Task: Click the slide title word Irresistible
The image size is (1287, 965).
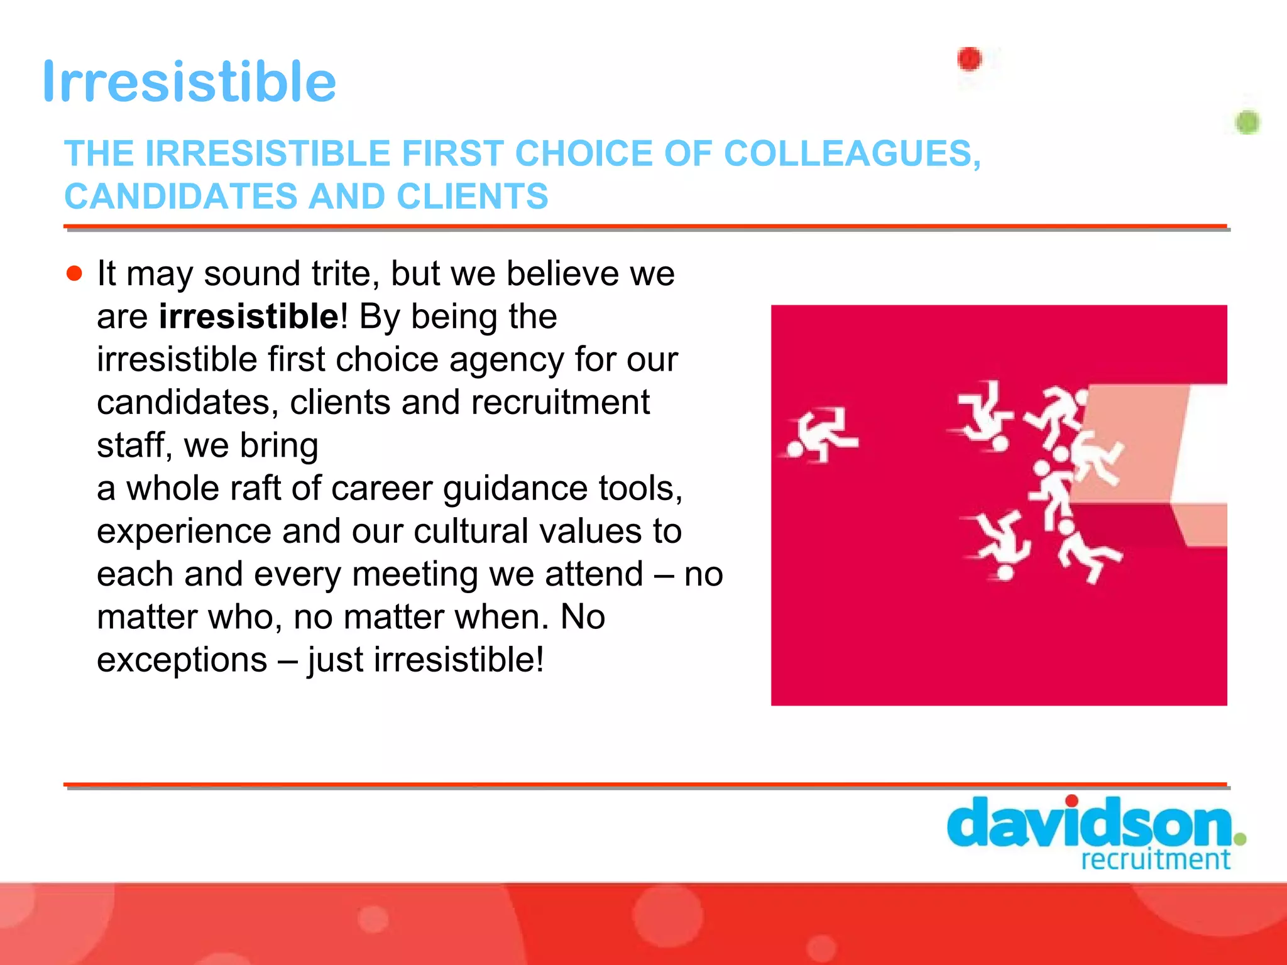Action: (x=189, y=82)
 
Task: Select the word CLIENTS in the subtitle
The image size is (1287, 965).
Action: (x=472, y=196)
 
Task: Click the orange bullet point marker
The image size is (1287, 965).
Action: (x=75, y=273)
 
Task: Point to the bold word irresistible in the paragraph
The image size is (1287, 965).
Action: (x=249, y=316)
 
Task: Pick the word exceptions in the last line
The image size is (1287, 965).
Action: (x=182, y=660)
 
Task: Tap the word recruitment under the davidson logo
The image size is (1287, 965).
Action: (x=1155, y=859)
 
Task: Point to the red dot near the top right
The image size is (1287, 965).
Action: (x=969, y=59)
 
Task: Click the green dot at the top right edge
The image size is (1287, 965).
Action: (x=1247, y=122)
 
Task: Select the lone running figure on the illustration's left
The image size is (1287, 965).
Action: (x=818, y=435)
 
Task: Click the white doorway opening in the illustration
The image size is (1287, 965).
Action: (x=1200, y=443)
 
